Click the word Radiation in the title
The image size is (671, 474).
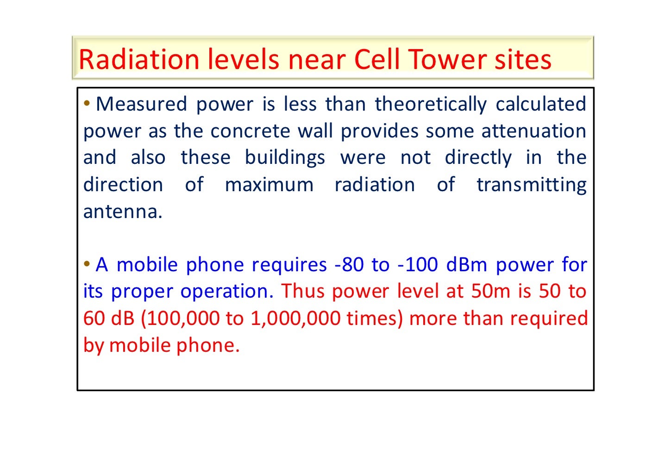coord(139,60)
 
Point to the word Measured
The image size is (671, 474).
coord(141,104)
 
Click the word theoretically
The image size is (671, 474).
coord(431,104)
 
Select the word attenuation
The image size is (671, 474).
coord(534,131)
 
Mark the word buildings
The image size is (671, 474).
coord(285,158)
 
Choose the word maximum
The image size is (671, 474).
coord(269,185)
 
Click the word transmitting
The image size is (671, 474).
coord(532,185)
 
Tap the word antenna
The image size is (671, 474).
coord(123,212)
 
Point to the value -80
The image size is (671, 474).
coord(349,265)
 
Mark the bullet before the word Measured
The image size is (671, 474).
coord(87,103)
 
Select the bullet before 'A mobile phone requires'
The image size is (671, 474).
coord(87,264)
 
